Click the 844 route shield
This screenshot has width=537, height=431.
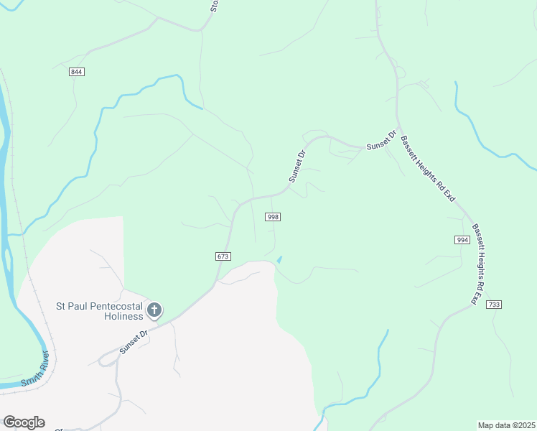(78, 72)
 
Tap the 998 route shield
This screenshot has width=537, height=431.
(272, 216)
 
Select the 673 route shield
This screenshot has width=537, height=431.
(222, 256)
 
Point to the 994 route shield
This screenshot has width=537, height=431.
(462, 239)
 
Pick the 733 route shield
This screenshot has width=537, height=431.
(493, 305)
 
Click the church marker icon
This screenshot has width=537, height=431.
(154, 310)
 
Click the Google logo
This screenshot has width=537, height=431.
(24, 422)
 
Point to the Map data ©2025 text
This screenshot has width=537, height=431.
(506, 425)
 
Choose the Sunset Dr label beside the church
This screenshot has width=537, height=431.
(134, 341)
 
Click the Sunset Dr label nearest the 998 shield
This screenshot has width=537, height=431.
(297, 165)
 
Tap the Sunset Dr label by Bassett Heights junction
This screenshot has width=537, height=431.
(382, 140)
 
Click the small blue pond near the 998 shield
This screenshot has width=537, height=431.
(279, 259)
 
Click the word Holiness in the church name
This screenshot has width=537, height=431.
(123, 316)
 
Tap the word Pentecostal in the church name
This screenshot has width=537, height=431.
(115, 306)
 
